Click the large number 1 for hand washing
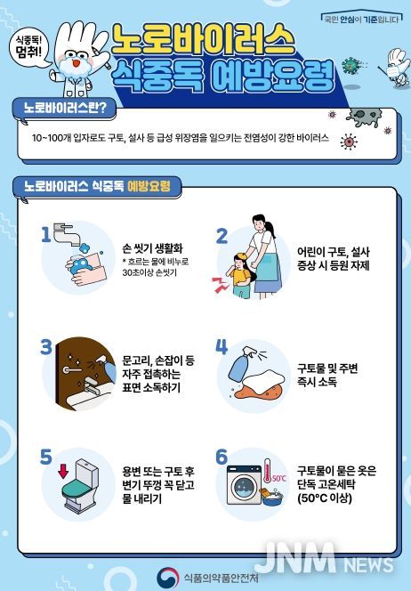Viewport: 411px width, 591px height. (45, 234)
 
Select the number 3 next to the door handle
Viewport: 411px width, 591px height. (47, 346)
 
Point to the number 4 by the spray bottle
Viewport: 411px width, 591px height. (222, 346)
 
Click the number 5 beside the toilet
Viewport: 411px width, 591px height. (47, 457)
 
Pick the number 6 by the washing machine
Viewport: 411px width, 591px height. (222, 457)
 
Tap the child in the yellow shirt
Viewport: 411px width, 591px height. (238, 271)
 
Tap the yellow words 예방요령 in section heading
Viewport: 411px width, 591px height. (148, 187)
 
